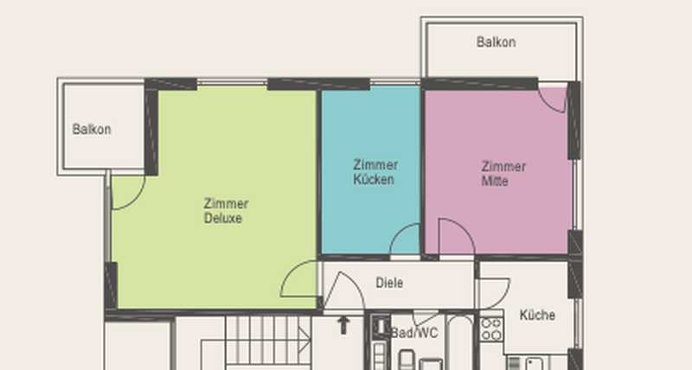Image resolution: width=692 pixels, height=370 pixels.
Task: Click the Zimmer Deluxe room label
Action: coord(227,211)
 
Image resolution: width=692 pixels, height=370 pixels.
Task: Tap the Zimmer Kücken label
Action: coord(375,172)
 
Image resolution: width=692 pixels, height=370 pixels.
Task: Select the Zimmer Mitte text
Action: coord(503,173)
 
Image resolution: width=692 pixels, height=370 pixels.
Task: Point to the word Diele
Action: coord(389,283)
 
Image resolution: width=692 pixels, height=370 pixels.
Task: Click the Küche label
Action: coord(537,315)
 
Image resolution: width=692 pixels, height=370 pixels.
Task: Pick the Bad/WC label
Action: coord(414,333)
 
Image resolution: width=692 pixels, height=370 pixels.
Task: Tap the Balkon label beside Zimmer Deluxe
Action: coord(92,129)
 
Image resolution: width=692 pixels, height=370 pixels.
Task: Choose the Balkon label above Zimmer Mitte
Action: coord(496,41)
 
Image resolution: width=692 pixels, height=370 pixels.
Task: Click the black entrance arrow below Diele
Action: coord(343,325)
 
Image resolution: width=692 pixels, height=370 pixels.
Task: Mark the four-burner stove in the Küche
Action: coord(491,329)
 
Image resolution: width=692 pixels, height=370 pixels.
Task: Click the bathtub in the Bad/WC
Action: coord(459,341)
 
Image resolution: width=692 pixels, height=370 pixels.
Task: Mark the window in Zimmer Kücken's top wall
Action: coord(395,82)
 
